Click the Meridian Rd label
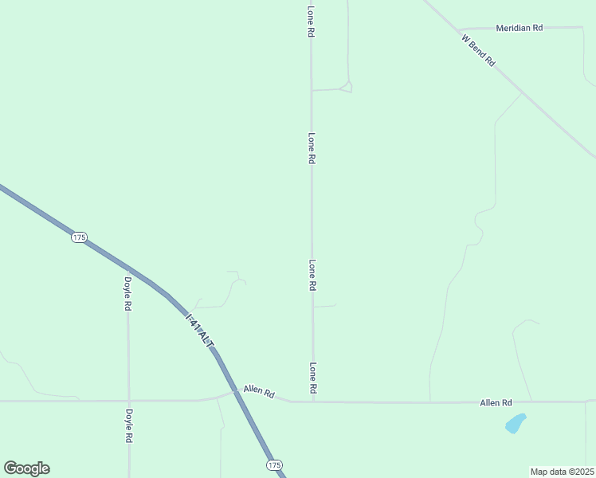point(519,28)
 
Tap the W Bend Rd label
point(478,49)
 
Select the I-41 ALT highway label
point(200,329)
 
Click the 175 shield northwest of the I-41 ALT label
point(78,237)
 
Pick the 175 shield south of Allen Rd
point(274,464)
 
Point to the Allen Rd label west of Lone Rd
point(259,394)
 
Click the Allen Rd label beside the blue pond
point(496,404)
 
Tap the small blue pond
point(516,423)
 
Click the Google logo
point(26,468)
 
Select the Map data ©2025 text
point(562,472)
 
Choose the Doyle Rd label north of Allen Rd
point(127,293)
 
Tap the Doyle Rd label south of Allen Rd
point(128,425)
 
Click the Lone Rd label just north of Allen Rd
point(313,378)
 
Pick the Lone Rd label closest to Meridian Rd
point(311,22)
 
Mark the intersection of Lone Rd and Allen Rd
point(312,402)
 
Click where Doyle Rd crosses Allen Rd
point(128,401)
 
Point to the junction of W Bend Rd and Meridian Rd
point(459,29)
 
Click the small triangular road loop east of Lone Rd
point(346,86)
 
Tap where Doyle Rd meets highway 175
point(127,268)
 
